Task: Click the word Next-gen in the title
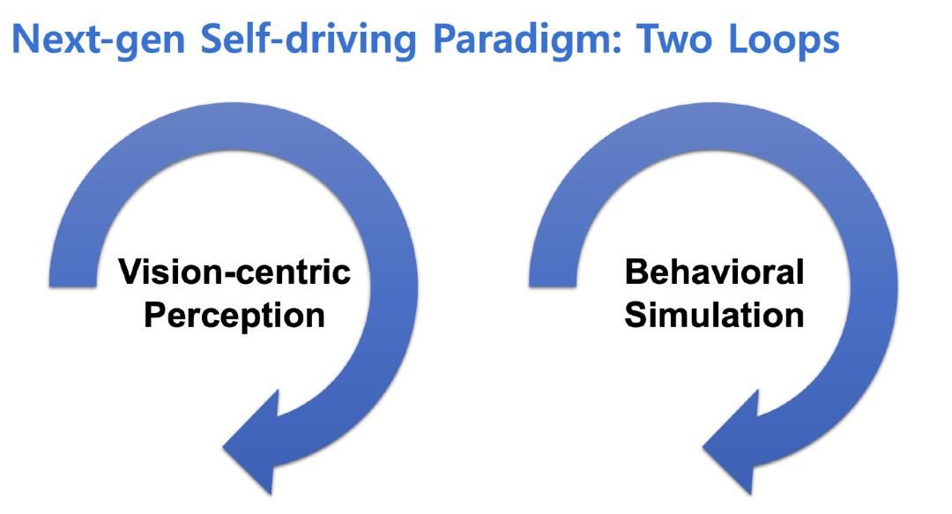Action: (x=99, y=40)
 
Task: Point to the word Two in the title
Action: (x=674, y=39)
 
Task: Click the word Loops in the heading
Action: (x=784, y=40)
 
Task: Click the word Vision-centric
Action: (x=234, y=272)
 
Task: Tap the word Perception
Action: (x=234, y=317)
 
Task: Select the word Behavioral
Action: (x=715, y=272)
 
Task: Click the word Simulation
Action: (x=715, y=316)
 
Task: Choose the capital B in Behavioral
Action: (x=637, y=272)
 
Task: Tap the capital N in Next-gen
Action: (x=26, y=40)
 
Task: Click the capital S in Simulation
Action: (x=636, y=316)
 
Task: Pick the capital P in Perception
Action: (x=155, y=316)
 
